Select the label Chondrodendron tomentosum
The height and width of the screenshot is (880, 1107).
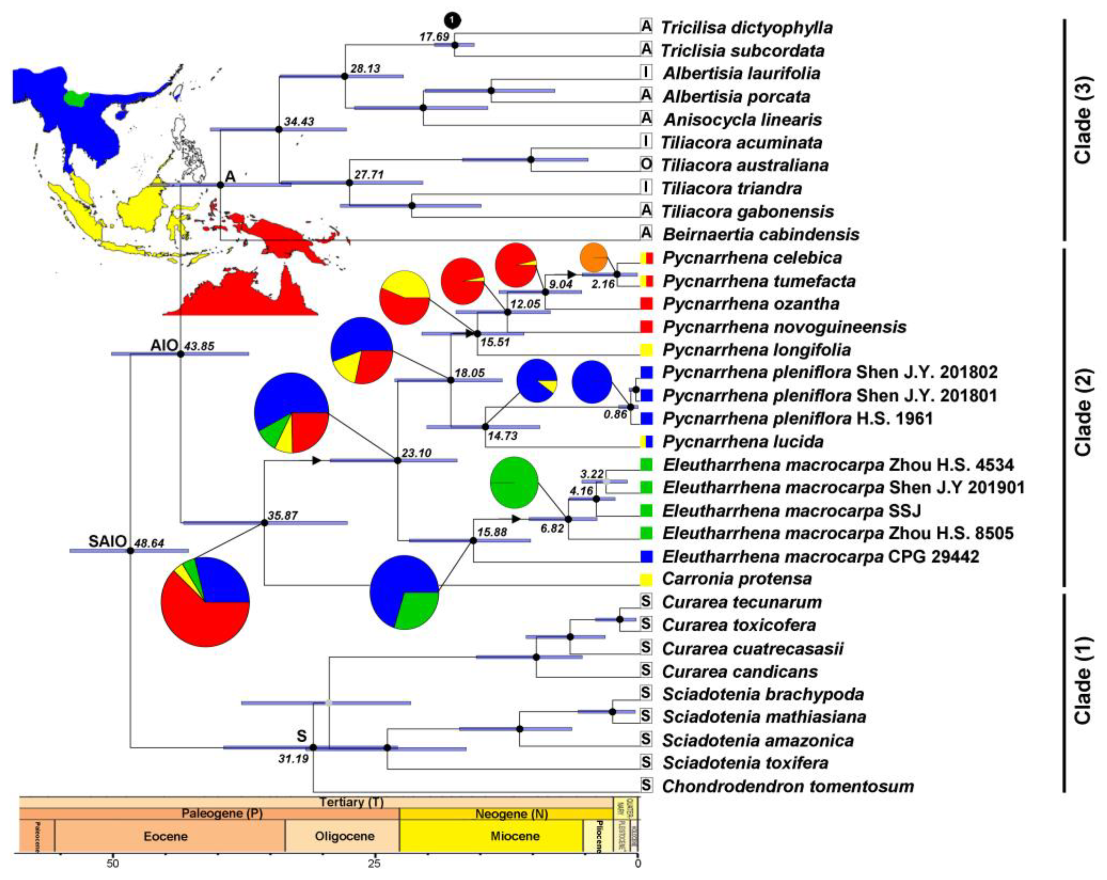click(x=788, y=786)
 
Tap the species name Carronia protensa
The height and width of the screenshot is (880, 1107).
click(x=737, y=579)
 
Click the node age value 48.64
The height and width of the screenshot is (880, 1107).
click(x=149, y=543)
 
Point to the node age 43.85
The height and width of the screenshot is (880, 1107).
click(x=199, y=346)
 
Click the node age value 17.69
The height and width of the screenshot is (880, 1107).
click(x=434, y=37)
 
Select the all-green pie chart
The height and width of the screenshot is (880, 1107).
click(x=514, y=482)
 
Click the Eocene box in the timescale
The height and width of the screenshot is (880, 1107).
click(x=166, y=836)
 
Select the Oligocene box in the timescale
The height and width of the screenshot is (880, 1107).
click(x=345, y=836)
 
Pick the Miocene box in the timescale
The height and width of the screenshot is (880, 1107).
click(x=515, y=836)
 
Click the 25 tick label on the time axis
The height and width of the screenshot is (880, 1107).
click(x=375, y=864)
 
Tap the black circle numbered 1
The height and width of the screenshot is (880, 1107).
click(x=452, y=21)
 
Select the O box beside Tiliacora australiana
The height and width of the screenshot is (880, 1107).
click(x=646, y=165)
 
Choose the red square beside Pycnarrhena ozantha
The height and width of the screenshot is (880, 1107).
click(x=646, y=303)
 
